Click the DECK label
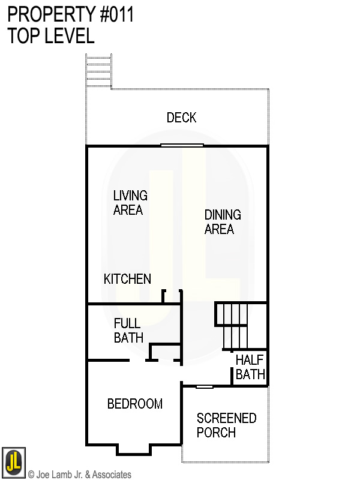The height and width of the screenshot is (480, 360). pos(181,118)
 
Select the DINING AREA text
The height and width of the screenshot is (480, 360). pos(222,222)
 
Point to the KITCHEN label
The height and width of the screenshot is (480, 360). pos(127,279)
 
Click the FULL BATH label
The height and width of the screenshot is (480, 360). pos(128,331)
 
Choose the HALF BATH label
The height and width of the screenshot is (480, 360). pos(250,367)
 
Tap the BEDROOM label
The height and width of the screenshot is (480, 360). pos(134,404)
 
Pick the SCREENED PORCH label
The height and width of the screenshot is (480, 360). pos(226,425)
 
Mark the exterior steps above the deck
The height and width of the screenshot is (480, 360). pos(98,71)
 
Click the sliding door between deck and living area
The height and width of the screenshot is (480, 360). pos(182,145)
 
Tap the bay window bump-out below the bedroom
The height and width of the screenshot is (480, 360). pos(134,449)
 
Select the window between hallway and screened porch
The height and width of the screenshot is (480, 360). pos(205,386)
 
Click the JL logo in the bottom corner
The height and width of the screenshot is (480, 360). pos(13,461)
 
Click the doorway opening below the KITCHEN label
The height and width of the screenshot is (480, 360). pos(172,295)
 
